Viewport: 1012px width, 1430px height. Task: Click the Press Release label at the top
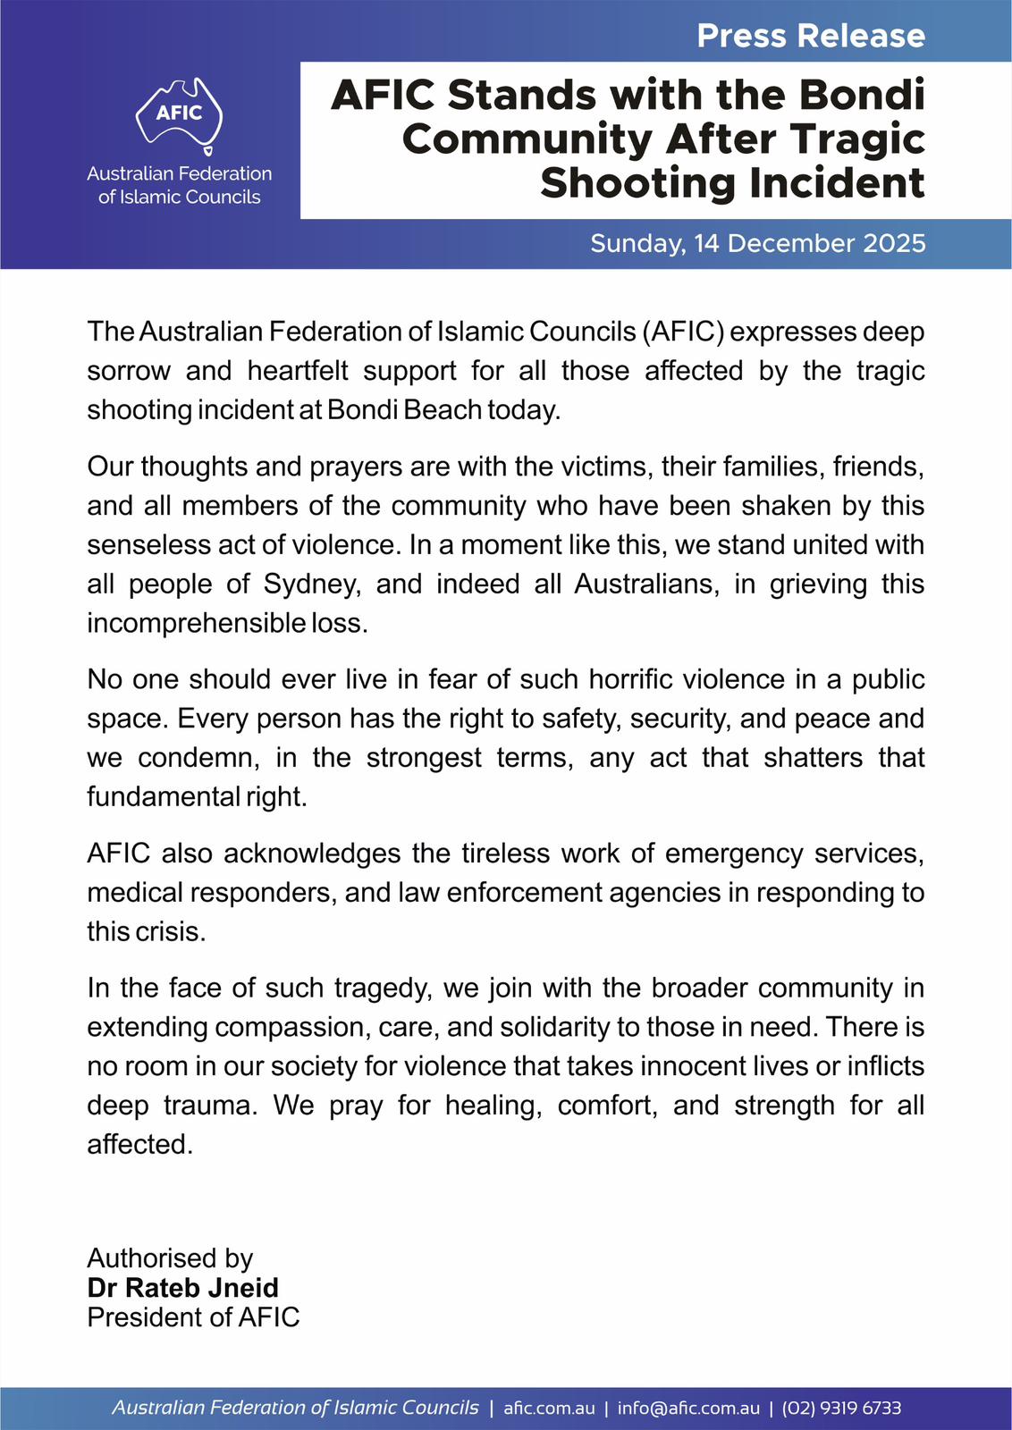pos(811,36)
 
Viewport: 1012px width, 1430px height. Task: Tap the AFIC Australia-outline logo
pos(180,114)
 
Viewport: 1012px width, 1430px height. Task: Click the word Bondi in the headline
pos(862,95)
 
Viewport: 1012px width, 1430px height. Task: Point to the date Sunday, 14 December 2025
pos(757,243)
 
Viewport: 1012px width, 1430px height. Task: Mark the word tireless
pos(504,854)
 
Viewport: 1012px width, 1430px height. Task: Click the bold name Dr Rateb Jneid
pos(183,1288)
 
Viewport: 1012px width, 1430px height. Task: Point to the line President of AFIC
pos(193,1317)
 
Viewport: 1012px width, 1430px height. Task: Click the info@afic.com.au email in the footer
pos(688,1409)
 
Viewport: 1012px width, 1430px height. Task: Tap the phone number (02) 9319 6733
pos(841,1409)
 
